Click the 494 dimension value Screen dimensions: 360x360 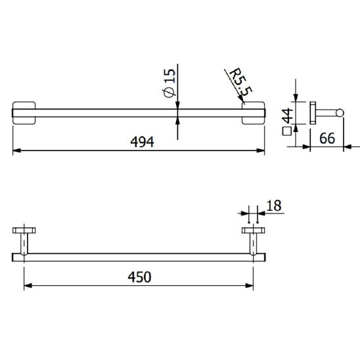(142, 142)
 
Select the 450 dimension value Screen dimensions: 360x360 (139, 277)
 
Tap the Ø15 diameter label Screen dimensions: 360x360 (170, 83)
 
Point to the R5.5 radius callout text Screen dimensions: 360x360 (240, 82)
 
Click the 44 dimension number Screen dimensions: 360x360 (288, 116)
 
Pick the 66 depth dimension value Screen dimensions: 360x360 (327, 138)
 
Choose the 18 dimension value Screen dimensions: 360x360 (274, 206)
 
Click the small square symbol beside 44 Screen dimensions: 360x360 (287, 131)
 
